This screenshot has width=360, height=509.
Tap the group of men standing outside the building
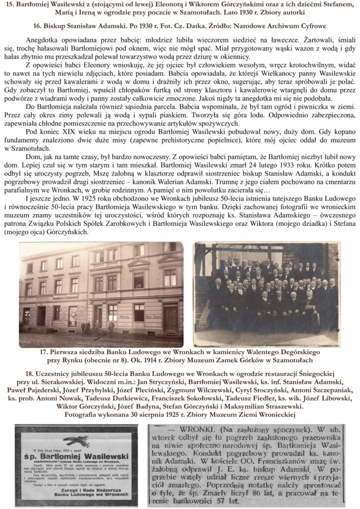(x=89, y=327)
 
